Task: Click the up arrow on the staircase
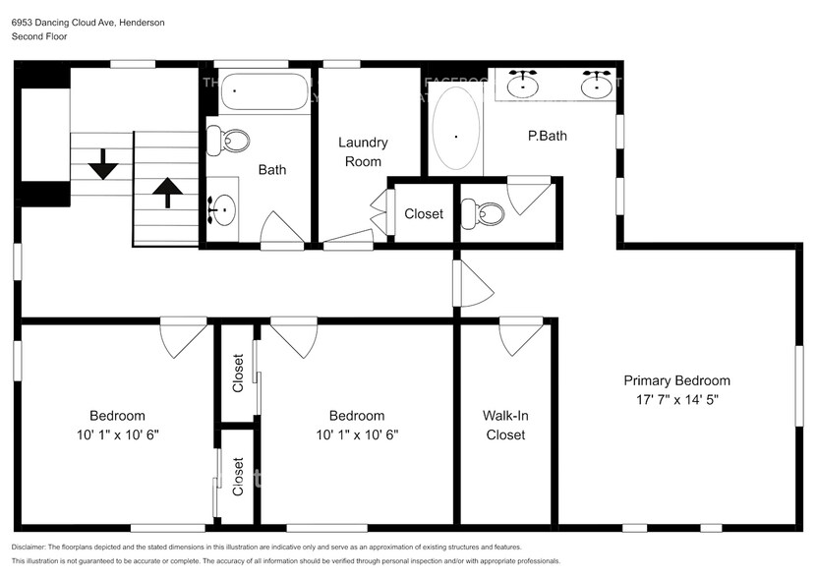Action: tap(165, 192)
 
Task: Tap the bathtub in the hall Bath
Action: tap(260, 93)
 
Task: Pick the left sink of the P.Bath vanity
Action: tap(527, 85)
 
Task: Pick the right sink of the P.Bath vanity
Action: tap(595, 85)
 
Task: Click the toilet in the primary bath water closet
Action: tap(485, 210)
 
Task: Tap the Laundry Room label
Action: tap(363, 151)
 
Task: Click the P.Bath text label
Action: tap(547, 136)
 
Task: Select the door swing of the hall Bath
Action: tap(283, 230)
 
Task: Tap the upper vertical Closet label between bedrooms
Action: tap(238, 373)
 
